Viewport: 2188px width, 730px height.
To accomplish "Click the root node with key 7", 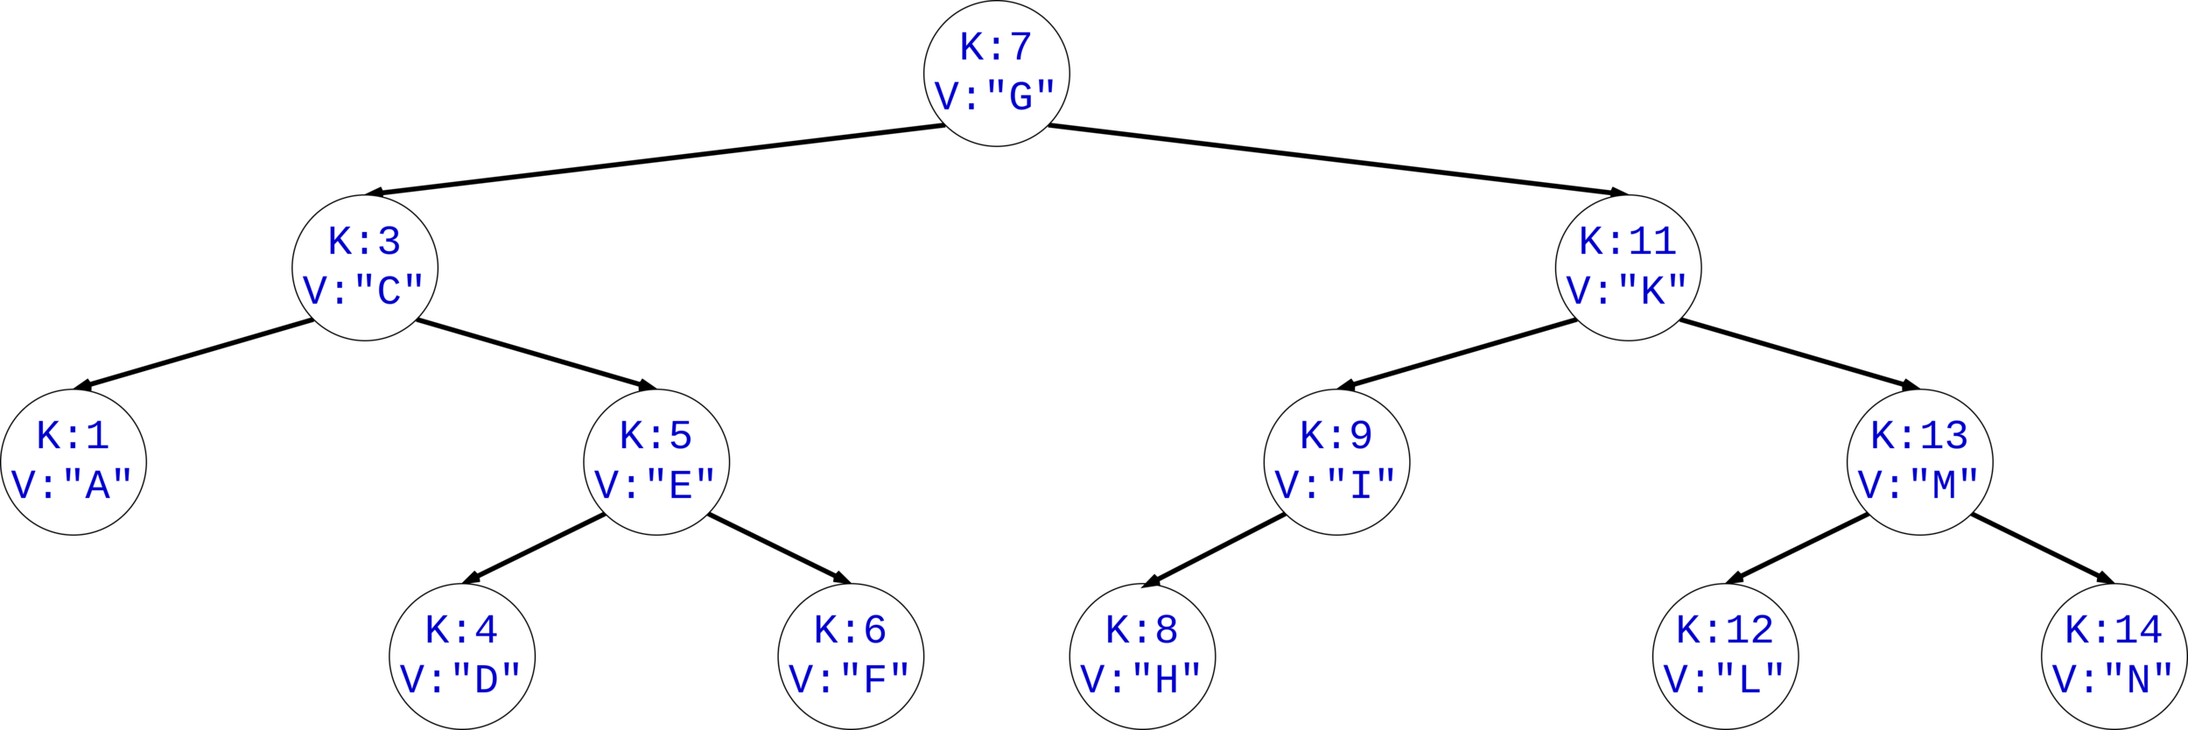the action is (996, 73).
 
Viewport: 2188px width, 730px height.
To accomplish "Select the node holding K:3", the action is (364, 267).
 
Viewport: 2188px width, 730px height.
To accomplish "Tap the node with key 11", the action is (1628, 267).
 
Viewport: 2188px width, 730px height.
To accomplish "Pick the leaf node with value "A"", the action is (74, 461).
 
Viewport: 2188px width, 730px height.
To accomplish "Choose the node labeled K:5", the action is (656, 461).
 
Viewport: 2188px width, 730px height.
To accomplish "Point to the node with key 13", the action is (1919, 461).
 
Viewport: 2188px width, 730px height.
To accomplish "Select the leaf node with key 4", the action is (461, 656).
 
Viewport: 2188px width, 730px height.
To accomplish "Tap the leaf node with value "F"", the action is (850, 656).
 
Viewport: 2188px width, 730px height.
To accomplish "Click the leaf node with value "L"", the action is (1725, 656).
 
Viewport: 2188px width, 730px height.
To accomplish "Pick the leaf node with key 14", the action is (2114, 656).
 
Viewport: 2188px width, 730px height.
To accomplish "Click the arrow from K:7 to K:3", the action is (656, 159).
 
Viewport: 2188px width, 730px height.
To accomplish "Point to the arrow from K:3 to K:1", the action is (197, 353).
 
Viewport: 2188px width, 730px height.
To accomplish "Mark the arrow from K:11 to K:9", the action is (1457, 353).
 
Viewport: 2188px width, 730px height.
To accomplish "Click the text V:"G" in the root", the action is (996, 95).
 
